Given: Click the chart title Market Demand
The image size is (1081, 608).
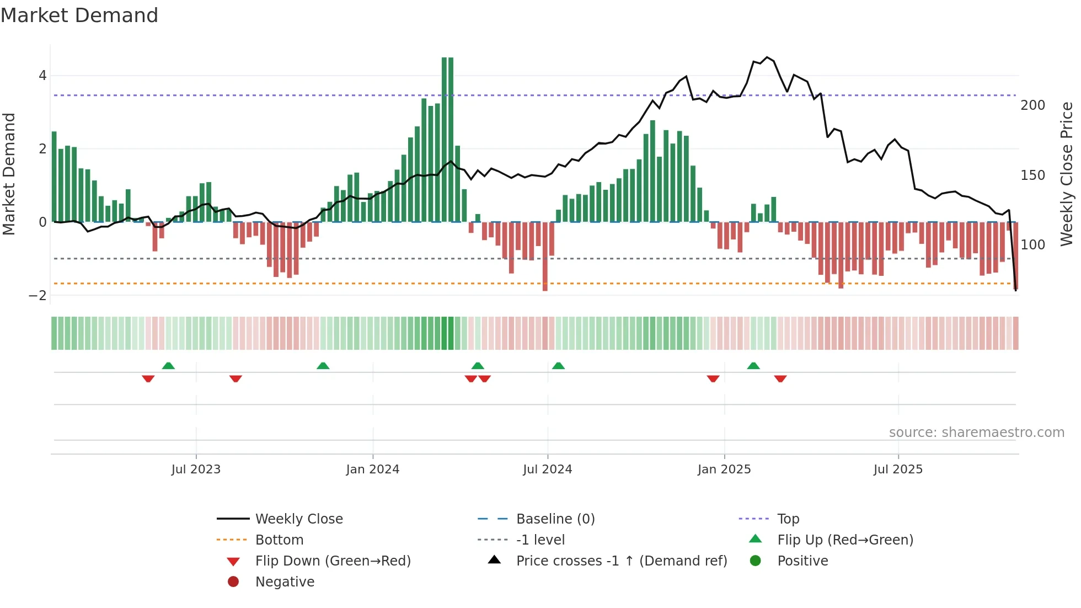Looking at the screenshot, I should click(79, 15).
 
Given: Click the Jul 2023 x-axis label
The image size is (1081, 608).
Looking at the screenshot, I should click(196, 470).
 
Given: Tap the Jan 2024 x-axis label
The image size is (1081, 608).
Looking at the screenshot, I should click(373, 470).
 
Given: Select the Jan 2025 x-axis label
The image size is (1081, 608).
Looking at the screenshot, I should click(724, 470).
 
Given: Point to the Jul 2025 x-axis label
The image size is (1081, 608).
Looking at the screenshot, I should click(898, 470).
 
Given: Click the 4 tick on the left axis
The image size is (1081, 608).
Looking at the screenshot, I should click(42, 76).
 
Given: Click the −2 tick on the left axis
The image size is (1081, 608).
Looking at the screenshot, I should click(38, 296).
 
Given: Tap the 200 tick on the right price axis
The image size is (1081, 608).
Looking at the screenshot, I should click(1032, 105).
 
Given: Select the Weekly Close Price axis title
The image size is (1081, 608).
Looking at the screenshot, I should click(1067, 174).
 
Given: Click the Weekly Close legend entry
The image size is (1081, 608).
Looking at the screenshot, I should click(298, 519).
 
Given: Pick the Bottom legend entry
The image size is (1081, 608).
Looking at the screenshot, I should click(279, 540).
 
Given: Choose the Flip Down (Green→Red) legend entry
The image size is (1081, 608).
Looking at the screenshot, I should click(333, 561).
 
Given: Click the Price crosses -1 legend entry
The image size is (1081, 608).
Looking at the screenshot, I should click(621, 561).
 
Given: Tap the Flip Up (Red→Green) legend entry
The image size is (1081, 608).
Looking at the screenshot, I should click(845, 540).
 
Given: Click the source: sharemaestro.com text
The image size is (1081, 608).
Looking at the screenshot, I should click(976, 433).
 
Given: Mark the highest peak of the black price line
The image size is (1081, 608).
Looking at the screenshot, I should click(767, 57).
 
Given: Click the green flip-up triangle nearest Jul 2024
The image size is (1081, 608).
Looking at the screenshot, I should click(558, 366).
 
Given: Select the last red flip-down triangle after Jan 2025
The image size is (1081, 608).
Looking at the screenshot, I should click(780, 378).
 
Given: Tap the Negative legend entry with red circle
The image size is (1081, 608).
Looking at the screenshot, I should click(285, 582).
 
